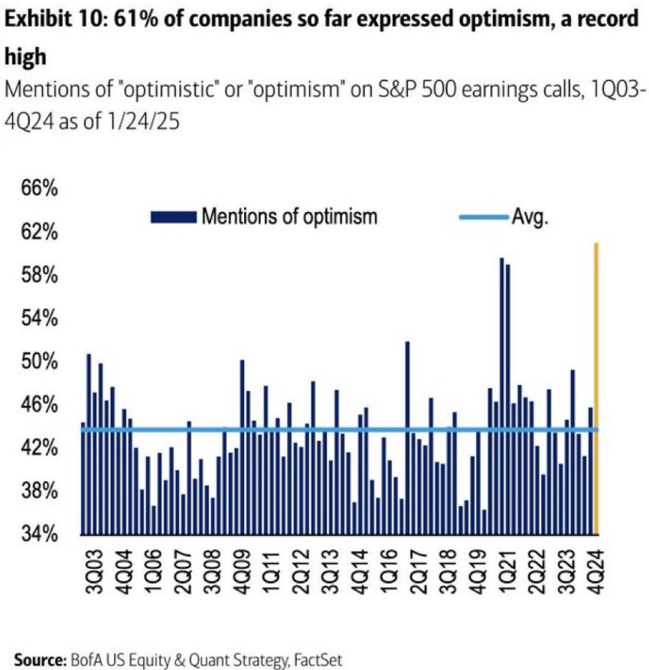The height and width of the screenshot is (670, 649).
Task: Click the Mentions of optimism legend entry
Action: click(289, 217)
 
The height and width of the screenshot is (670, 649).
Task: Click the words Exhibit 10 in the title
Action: click(47, 19)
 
